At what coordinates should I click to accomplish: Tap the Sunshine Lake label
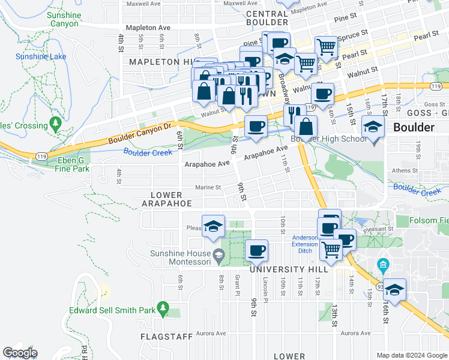pyautogui.click(x=40, y=56)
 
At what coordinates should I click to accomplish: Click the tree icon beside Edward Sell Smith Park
pyautogui.click(x=163, y=308)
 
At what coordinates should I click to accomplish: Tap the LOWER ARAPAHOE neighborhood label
pyautogui.click(x=166, y=199)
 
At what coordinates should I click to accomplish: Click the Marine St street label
pyautogui.click(x=208, y=187)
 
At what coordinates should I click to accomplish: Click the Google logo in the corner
pyautogui.click(x=20, y=353)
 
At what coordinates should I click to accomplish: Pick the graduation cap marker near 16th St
pyautogui.click(x=394, y=290)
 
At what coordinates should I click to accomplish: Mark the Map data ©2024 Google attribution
pyautogui.click(x=411, y=355)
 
